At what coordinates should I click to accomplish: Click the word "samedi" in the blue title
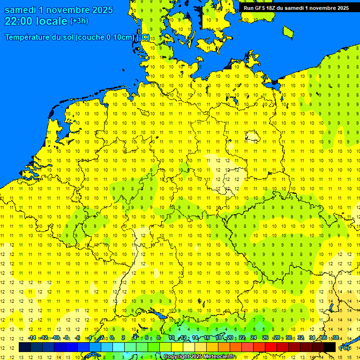point(20,10)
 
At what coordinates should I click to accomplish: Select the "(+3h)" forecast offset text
point(79,21)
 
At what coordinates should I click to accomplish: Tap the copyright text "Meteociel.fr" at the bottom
point(220,357)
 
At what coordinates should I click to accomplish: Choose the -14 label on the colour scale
point(31,338)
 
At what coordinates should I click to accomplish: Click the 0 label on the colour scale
point(112,338)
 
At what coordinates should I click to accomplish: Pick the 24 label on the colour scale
point(254,338)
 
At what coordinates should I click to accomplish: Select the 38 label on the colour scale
point(336,338)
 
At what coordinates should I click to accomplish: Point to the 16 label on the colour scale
point(206,338)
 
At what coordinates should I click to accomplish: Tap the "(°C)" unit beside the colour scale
point(345,348)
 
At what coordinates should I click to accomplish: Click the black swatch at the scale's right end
point(330,347)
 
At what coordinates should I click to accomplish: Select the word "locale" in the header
point(52,21)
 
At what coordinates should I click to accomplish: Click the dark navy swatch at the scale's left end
point(25,347)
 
